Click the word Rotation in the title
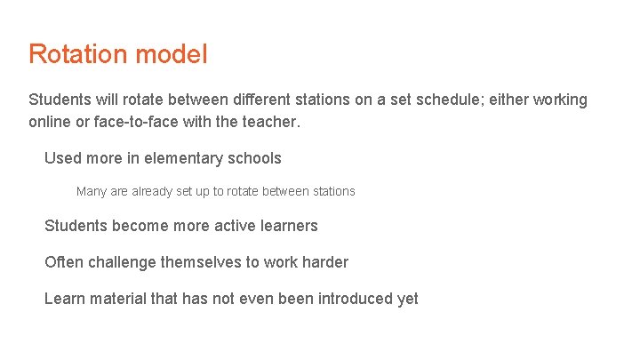pos(78,54)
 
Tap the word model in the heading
pos(172,54)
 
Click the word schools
pos(253,158)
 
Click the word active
pos(235,226)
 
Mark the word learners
pos(289,226)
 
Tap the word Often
pos(64,262)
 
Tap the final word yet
pos(407,299)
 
